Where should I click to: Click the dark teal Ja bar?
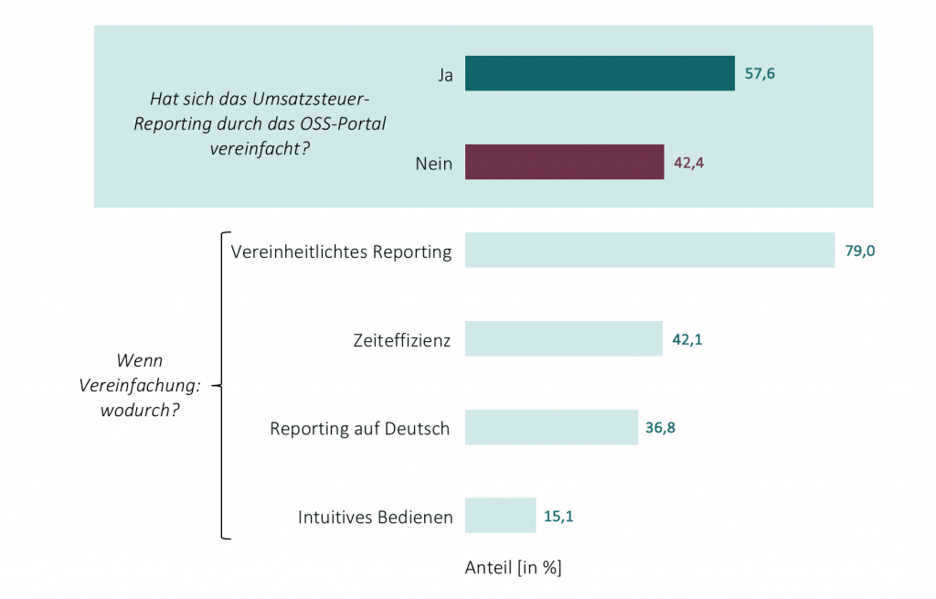coord(600,74)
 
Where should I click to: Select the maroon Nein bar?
coord(564,162)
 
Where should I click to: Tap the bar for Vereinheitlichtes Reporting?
coord(649,251)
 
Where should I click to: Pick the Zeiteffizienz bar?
coord(563,339)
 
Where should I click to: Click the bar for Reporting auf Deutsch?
coord(551,427)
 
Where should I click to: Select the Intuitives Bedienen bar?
coord(500,515)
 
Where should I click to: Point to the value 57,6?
coord(760,74)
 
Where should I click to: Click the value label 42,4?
coord(689,163)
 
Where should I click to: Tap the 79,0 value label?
coord(860,251)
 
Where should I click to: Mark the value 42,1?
coord(687,339)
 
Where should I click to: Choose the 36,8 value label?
coord(663,427)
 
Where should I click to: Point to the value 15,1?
coord(558,516)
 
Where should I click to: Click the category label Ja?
coord(445,75)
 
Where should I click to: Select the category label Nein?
coord(434,165)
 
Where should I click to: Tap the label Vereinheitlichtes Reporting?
coord(342,252)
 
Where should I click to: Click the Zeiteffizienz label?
coord(402,341)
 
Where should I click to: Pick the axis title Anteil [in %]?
coord(513,568)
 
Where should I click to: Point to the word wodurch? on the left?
coord(141,409)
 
